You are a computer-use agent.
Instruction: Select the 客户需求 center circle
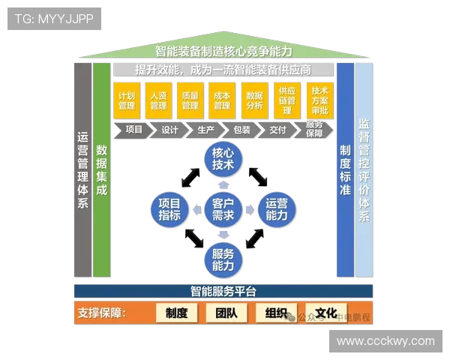(x=223, y=208)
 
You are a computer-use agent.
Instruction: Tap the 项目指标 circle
(x=169, y=208)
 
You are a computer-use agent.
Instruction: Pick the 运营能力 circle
(x=276, y=208)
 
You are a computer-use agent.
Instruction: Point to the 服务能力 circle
(x=223, y=258)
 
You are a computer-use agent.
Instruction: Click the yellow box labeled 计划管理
(x=126, y=100)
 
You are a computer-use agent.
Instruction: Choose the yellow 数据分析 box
(x=253, y=100)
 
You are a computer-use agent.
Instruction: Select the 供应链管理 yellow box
(x=286, y=100)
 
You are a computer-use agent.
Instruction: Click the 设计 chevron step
(x=170, y=130)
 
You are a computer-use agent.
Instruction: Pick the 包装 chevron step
(x=241, y=130)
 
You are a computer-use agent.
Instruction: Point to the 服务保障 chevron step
(x=314, y=130)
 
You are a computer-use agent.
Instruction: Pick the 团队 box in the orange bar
(x=226, y=313)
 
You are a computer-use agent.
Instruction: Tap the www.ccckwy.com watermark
(x=385, y=341)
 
